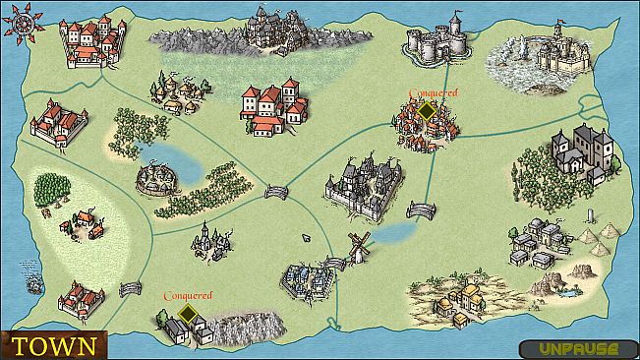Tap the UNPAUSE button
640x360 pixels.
coord(570,348)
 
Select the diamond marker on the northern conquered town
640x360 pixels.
coord(427,112)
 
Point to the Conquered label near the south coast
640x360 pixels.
coord(188,295)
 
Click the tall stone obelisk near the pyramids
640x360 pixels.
coord(589,216)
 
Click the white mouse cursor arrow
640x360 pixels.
coord(305,238)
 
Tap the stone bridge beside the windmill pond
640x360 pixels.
coord(421,210)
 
